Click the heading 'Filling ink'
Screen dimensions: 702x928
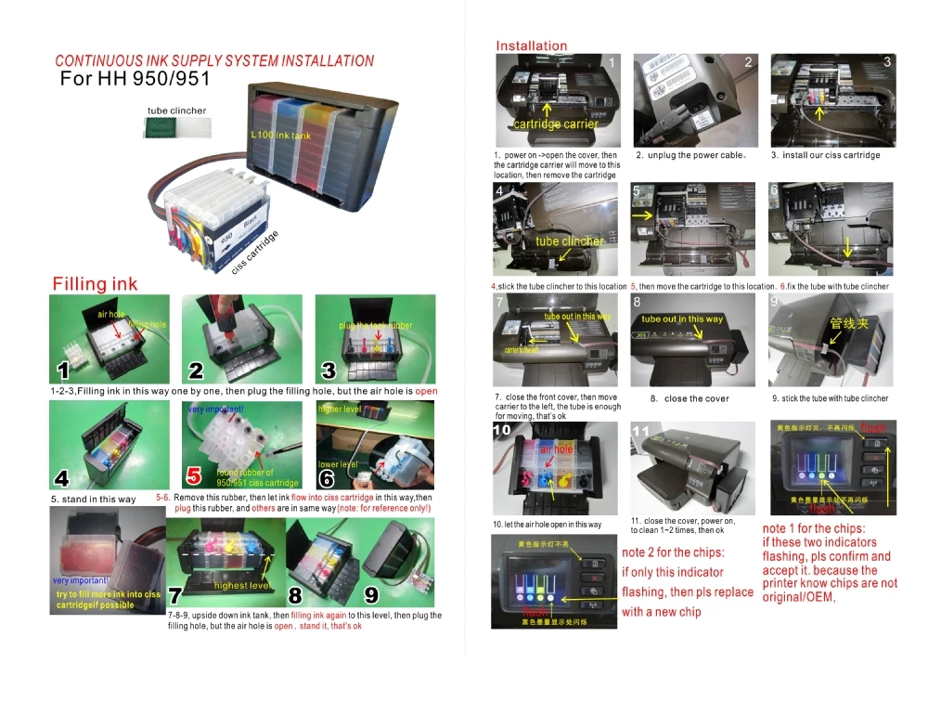tap(95, 283)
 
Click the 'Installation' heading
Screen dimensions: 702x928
tap(531, 45)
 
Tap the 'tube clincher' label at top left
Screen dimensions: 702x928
tap(176, 110)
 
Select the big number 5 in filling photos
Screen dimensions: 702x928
tap(194, 476)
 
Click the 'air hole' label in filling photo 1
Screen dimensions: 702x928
tap(110, 315)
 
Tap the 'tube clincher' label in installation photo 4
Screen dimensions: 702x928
tap(569, 241)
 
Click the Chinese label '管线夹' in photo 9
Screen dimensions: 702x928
tap(848, 324)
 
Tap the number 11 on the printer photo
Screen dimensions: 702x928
tap(641, 433)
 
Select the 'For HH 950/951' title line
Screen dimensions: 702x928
tap(135, 79)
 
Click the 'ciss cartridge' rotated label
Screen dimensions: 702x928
tap(254, 249)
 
